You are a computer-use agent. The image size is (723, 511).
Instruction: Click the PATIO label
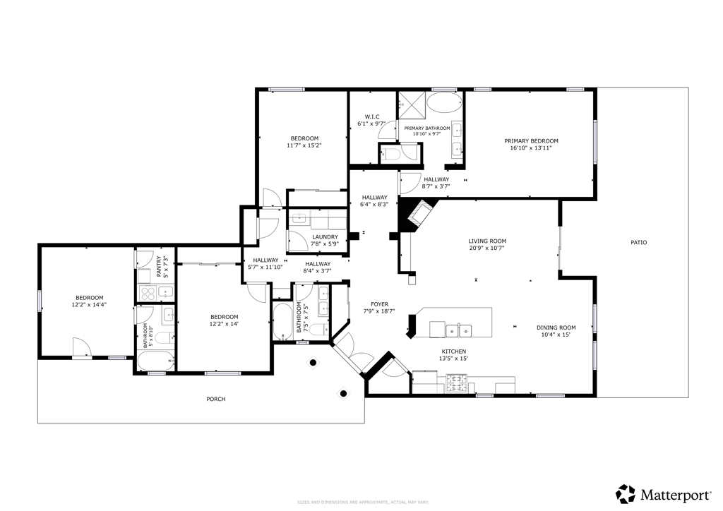pyautogui.click(x=638, y=243)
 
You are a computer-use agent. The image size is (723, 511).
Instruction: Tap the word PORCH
pyautogui.click(x=215, y=399)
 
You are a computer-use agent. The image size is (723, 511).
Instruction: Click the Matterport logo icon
pyautogui.click(x=625, y=493)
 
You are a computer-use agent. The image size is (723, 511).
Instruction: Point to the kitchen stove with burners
pyautogui.click(x=456, y=383)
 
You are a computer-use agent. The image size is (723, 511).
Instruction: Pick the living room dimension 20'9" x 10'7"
pyautogui.click(x=487, y=248)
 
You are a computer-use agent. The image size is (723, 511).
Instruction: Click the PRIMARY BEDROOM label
pyautogui.click(x=531, y=140)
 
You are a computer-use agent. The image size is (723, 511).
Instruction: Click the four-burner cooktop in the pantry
pyautogui.click(x=148, y=293)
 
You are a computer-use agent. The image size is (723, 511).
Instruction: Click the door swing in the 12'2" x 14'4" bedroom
pyautogui.click(x=82, y=347)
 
